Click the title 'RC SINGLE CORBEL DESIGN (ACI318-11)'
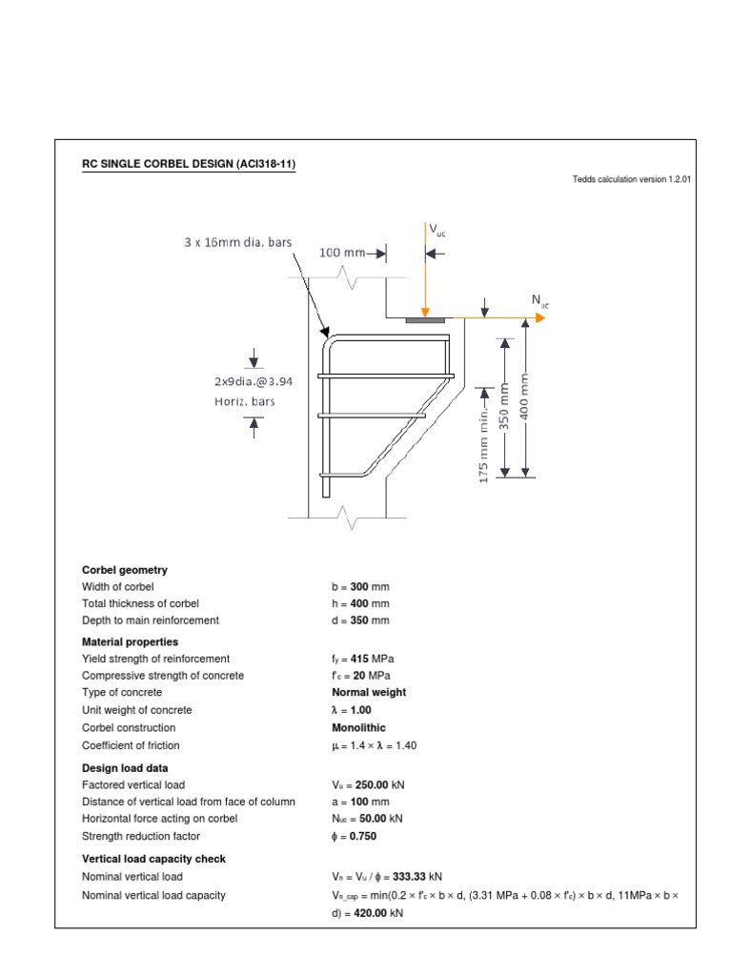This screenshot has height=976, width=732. coord(189,164)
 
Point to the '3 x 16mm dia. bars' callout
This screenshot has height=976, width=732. coord(237,242)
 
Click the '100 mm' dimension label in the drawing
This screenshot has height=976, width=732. coord(342,254)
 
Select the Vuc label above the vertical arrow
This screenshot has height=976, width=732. coord(437,230)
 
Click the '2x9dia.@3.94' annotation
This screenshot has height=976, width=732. coord(253,380)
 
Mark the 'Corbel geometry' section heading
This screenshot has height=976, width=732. coord(125,570)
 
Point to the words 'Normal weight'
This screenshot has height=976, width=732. coord(369,693)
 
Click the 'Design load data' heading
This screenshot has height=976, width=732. coord(128,768)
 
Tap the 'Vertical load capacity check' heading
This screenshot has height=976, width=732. coord(154,859)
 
